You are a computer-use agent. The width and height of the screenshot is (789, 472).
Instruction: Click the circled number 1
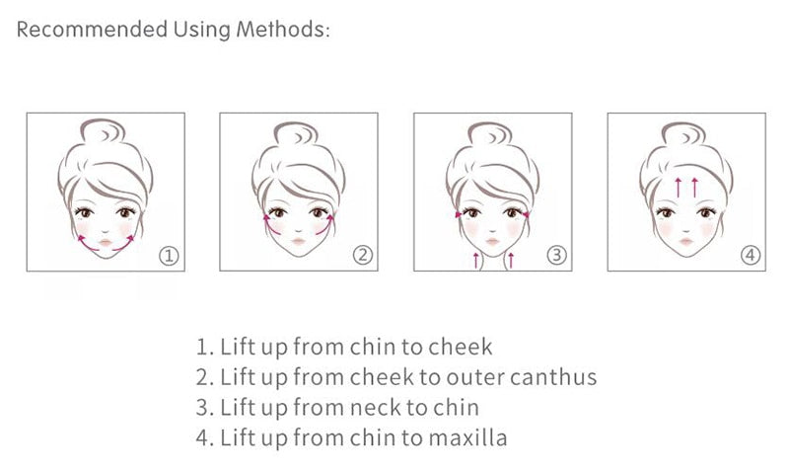(170, 256)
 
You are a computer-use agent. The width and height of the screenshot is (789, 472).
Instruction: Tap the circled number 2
(363, 256)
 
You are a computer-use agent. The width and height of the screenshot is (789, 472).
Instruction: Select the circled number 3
(556, 256)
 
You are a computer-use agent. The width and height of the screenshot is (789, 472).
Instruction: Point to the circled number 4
(751, 256)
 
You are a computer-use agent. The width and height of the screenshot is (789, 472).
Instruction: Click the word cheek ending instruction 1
(464, 348)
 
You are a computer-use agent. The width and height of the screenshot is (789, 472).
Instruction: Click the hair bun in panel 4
(686, 133)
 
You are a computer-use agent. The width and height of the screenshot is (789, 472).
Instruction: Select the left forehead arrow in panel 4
(679, 186)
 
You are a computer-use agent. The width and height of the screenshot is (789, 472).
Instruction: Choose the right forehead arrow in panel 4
(695, 186)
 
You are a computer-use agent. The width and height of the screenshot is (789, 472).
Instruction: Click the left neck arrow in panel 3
(476, 261)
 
